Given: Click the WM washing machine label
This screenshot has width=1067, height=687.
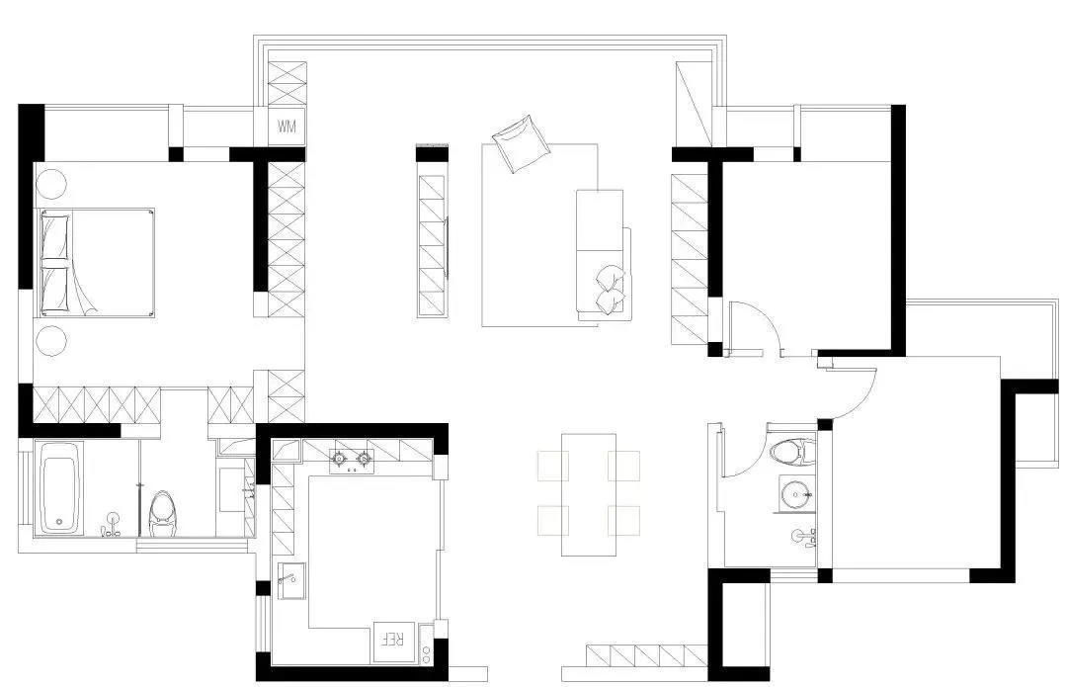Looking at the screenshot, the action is pyautogui.click(x=287, y=126).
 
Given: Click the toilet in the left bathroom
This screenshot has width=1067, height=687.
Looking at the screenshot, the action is pyautogui.click(x=163, y=514).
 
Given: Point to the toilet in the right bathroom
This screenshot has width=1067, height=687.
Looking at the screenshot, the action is pyautogui.click(x=791, y=451).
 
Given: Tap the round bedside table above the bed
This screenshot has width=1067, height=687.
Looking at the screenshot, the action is pyautogui.click(x=51, y=183).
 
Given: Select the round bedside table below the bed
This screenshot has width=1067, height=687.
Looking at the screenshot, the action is pyautogui.click(x=51, y=340).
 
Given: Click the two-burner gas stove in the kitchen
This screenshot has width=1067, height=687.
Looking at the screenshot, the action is pyautogui.click(x=353, y=461).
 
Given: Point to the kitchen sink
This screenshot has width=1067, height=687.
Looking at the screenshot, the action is pyautogui.click(x=290, y=580).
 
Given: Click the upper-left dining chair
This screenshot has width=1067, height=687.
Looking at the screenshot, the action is pyautogui.click(x=552, y=466).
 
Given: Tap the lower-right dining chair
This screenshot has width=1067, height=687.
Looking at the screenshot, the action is pyautogui.click(x=624, y=520).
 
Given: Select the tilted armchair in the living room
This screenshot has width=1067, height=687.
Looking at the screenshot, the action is pyautogui.click(x=521, y=143).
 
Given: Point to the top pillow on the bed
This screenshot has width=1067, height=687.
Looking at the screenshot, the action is pyautogui.click(x=55, y=236).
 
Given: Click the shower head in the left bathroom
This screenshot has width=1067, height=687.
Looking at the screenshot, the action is pyautogui.click(x=139, y=484).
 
